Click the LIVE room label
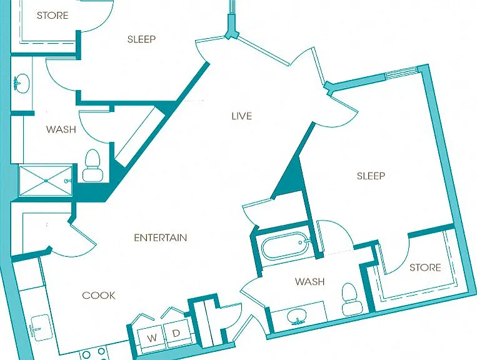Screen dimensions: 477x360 coord(241,116)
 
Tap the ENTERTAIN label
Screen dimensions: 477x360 coord(161,237)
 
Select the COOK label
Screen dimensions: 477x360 coord(99,295)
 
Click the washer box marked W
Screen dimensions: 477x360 coord(151,337)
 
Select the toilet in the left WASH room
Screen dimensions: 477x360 coord(93,166)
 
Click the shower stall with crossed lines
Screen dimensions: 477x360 coord(46,181)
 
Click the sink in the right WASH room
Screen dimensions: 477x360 coord(296,317)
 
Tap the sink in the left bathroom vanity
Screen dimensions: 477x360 coord(21,82)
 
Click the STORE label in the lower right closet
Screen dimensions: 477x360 coord(425,267)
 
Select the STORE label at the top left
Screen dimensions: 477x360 coord(53,15)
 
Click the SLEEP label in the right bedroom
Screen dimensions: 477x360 coord(371,176)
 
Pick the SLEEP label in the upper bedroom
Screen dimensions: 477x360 coord(141,39)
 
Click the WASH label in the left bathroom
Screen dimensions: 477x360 coord(61,129)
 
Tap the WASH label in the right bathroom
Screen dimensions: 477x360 coord(309,281)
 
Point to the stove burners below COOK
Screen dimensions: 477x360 coord(94,354)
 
